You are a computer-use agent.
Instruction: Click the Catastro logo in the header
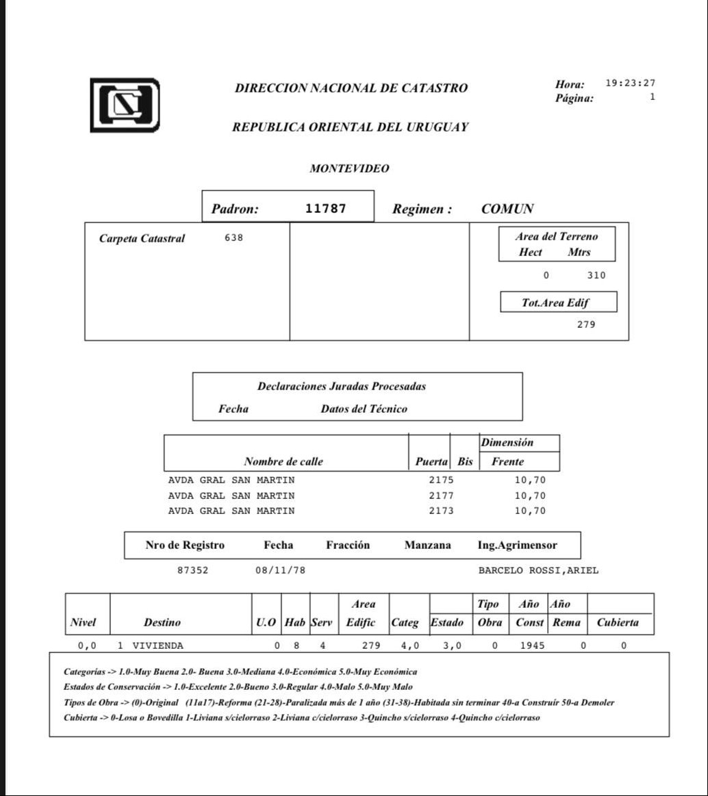125,105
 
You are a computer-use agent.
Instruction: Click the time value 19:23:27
630,84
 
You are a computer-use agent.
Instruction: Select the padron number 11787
325,209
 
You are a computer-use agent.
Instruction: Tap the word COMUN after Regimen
507,209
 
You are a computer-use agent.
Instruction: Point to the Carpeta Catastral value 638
233,238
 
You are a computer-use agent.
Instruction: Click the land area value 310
596,276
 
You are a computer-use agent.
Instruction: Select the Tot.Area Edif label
555,303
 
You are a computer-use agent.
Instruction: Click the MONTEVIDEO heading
349,168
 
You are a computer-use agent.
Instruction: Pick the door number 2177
441,496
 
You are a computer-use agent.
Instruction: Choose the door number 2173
441,511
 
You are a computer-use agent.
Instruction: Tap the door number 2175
441,480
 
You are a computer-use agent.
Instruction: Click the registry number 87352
192,570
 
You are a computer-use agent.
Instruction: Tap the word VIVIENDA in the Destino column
157,645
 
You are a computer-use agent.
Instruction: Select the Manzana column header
428,545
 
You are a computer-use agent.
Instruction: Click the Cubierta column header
618,622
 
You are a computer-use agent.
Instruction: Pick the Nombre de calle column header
283,461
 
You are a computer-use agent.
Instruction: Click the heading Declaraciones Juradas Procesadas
342,387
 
